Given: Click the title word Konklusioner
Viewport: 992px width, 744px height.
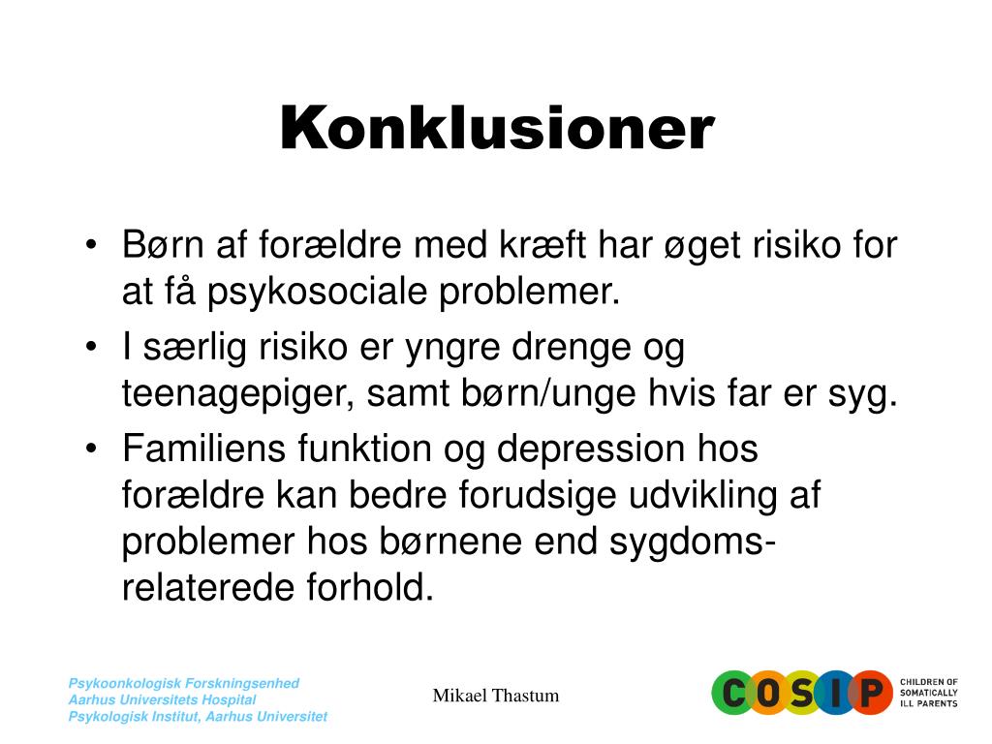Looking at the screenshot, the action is [497, 128].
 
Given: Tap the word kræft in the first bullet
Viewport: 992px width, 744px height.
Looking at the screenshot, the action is [542, 244].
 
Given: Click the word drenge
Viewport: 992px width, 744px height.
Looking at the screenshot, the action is [571, 348].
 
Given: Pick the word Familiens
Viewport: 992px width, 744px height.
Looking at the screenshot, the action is [203, 449].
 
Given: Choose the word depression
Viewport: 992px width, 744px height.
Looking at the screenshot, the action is [590, 450].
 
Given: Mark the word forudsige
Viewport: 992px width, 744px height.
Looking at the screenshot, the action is [537, 496].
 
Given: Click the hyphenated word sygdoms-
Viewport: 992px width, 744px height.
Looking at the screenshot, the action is [692, 542].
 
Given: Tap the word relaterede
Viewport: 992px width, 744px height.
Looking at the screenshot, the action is [207, 588].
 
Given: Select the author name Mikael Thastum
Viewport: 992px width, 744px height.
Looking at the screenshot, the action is [496, 696].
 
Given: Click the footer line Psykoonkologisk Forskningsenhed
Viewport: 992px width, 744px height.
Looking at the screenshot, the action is [183, 683].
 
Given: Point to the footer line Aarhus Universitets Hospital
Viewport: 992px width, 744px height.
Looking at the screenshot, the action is [162, 699].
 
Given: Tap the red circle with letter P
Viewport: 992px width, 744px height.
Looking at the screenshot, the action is [871, 693].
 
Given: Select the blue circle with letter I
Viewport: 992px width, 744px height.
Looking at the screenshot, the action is [835, 693].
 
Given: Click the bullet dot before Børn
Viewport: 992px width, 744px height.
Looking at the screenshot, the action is [91, 244].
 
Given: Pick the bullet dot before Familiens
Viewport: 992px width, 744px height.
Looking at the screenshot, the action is [91, 449].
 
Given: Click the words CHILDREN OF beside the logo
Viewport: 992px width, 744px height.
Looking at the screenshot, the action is [929, 682].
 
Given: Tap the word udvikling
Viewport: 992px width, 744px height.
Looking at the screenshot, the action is [703, 496].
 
